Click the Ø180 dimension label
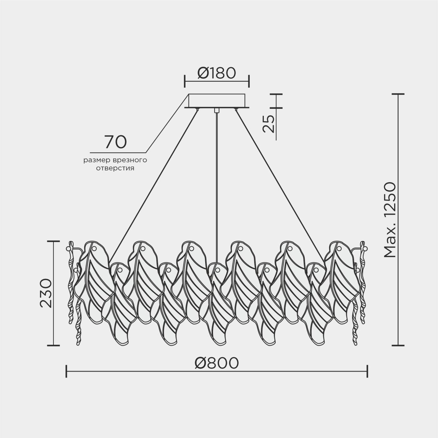(217, 73)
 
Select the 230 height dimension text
(46, 293)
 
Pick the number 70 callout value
(115, 142)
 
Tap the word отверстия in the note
(115, 168)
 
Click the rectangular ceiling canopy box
(217, 101)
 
